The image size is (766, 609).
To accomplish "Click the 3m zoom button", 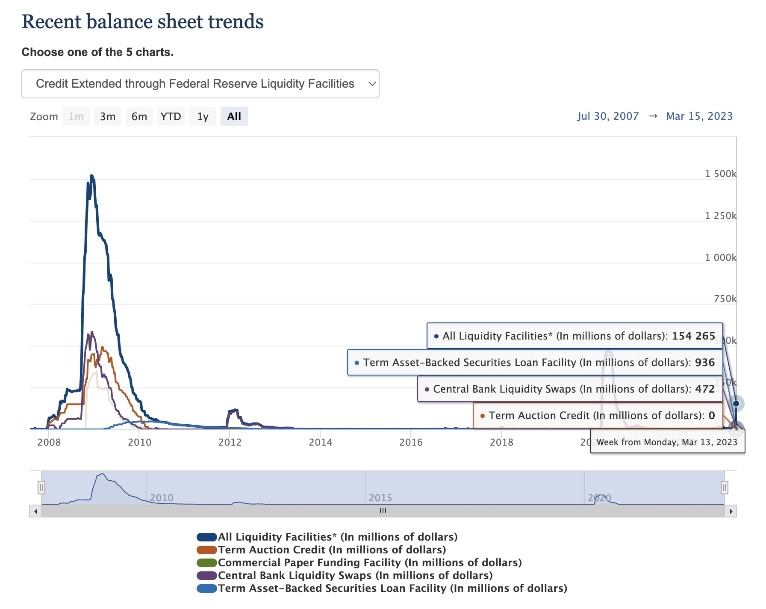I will pos(108,117).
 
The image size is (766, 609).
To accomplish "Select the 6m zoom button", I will pos(139,117).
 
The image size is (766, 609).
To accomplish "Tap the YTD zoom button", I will pos(171,117).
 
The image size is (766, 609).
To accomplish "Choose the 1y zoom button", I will pos(203,117).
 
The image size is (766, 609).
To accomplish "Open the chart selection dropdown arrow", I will pos(372,84).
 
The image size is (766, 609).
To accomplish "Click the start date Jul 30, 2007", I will pos(607,116).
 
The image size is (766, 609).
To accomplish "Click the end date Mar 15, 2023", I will pos(699,116).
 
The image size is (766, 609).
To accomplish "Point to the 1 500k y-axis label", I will pos(720,174).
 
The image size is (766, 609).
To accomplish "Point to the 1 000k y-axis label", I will pos(720,257).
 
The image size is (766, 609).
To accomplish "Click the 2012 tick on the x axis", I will pos(230,442).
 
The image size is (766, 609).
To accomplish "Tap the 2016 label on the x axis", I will pos(411,442).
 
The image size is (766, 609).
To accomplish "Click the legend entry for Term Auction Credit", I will pos(332,550).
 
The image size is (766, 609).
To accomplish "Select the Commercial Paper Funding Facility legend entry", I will pos(370,562).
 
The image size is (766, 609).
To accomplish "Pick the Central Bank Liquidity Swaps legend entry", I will pos(355,575).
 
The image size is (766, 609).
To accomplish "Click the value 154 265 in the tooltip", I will pos(693,336).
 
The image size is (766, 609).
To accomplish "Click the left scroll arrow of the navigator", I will pos(35,511).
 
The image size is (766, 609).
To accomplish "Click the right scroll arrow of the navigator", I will pos(731,511).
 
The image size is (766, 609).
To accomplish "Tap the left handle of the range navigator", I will pos(41,487).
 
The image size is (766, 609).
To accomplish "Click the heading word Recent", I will pos(51,22).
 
